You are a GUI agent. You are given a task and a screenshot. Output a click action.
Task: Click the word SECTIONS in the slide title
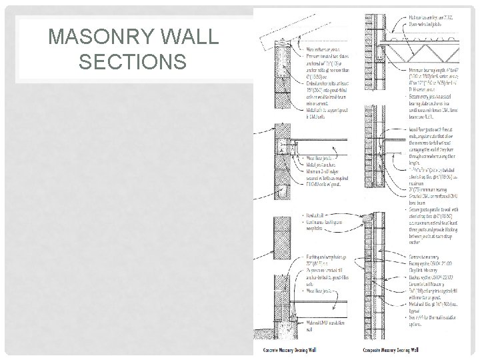[x=132, y=62]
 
